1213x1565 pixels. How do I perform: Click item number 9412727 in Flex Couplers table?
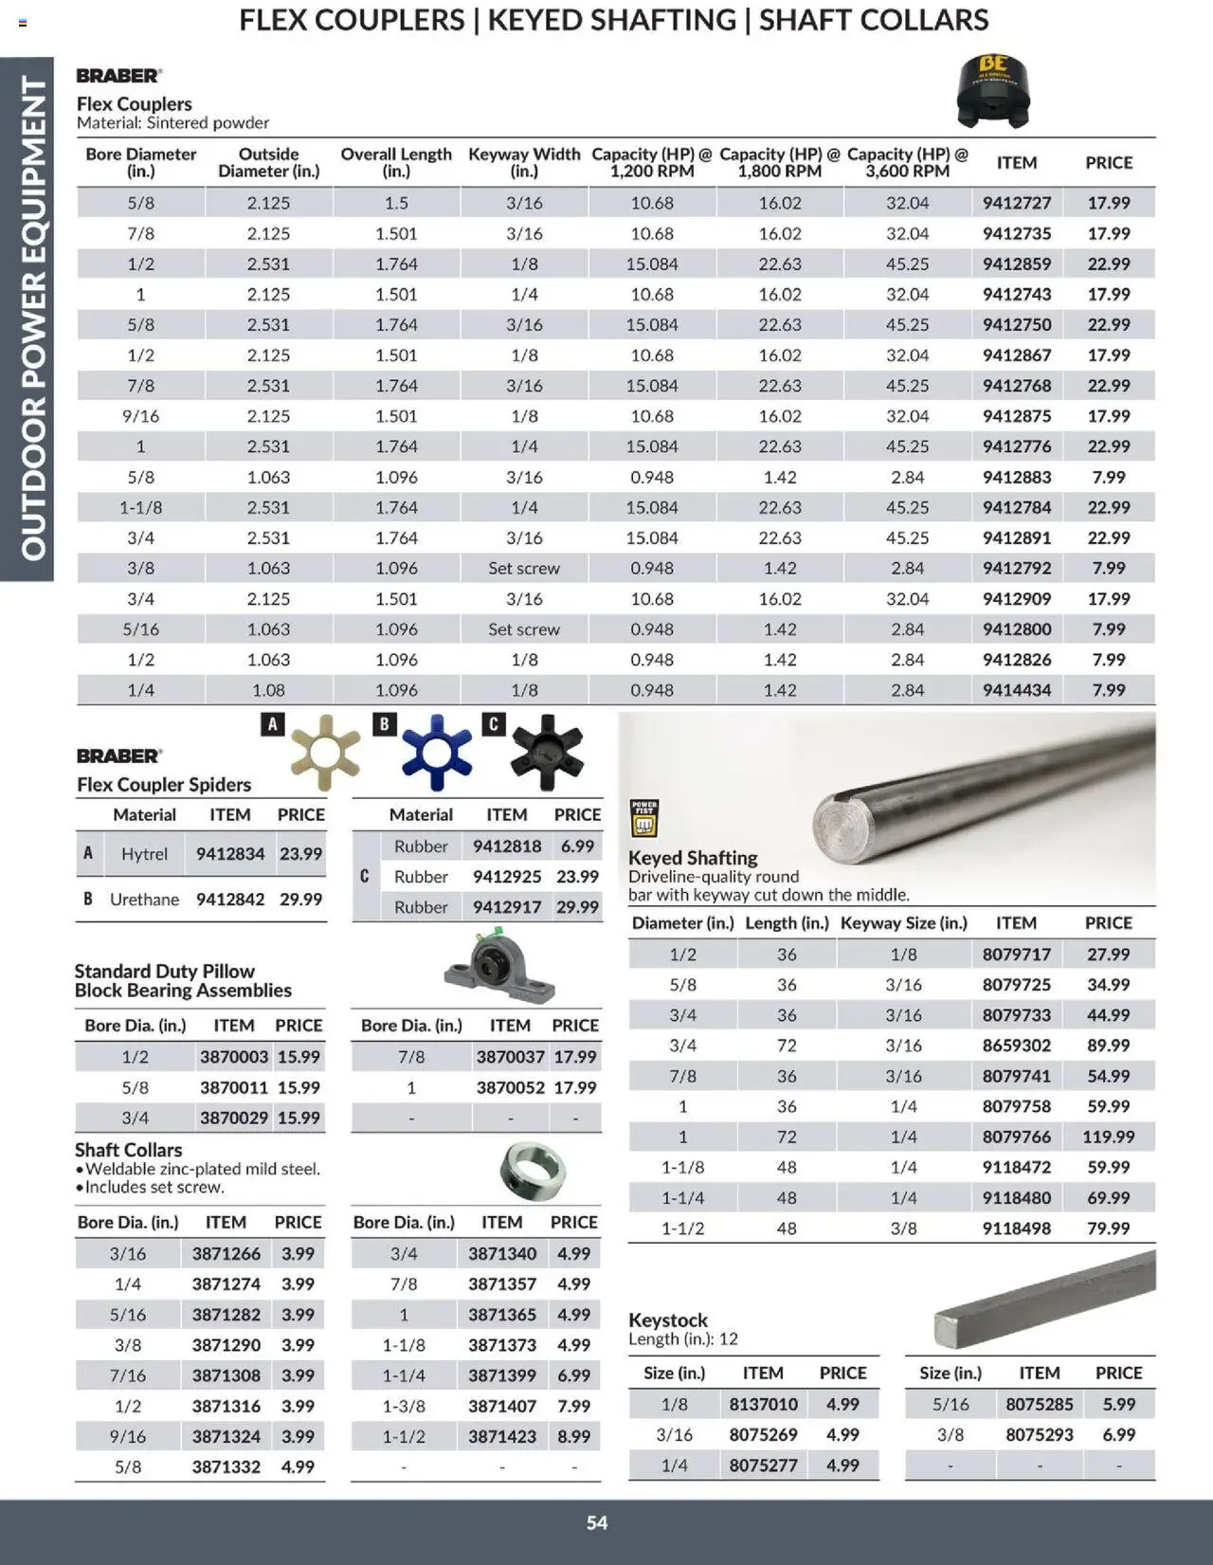coord(1016,203)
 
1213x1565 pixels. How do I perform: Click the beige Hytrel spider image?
coord(325,753)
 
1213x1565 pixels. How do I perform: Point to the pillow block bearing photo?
coord(499,967)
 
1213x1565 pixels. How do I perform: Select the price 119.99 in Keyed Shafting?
coord(1108,1137)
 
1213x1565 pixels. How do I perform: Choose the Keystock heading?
coord(668,1319)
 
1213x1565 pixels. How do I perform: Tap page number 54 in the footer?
coord(597,1522)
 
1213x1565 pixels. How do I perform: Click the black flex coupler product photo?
coord(992,91)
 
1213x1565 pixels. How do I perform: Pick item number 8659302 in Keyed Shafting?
coord(1016,1046)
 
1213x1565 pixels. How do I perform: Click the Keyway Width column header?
coord(524,162)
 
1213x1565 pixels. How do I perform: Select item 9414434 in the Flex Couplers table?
coord(1016,690)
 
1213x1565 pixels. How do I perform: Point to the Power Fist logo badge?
coord(644,818)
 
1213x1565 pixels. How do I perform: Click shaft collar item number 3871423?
coord(502,1436)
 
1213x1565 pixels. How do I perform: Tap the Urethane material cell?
coord(144,900)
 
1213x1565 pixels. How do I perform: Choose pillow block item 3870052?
coord(510,1087)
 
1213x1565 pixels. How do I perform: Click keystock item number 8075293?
coord(1040,1434)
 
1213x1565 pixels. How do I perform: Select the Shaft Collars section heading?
coord(129,1150)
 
